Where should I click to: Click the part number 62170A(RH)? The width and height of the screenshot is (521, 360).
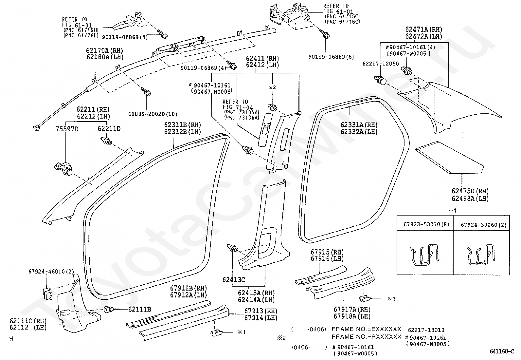[x=104, y=50]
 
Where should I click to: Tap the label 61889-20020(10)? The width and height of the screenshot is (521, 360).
[x=153, y=114]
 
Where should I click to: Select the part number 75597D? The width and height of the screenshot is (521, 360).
[x=67, y=129]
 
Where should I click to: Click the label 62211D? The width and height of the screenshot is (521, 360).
[x=109, y=128]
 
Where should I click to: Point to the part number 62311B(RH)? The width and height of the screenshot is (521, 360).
[x=183, y=125]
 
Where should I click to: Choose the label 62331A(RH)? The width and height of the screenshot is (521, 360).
[x=359, y=125]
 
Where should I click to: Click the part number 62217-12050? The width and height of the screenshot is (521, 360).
[x=381, y=64]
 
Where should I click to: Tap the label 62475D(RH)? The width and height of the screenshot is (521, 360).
[x=470, y=191]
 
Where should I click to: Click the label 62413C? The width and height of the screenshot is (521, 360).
[x=234, y=279]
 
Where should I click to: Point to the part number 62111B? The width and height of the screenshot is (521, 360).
[x=139, y=309]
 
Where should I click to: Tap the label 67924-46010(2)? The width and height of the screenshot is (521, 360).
[x=51, y=271]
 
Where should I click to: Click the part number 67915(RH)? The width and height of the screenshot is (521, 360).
[x=327, y=252]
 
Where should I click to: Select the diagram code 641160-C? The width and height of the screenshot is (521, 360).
[x=502, y=351]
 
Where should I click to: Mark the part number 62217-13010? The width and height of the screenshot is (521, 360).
[x=426, y=330]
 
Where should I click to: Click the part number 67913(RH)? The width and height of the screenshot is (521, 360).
[x=261, y=311]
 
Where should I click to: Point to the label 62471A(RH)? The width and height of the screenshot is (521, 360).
[x=424, y=29]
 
